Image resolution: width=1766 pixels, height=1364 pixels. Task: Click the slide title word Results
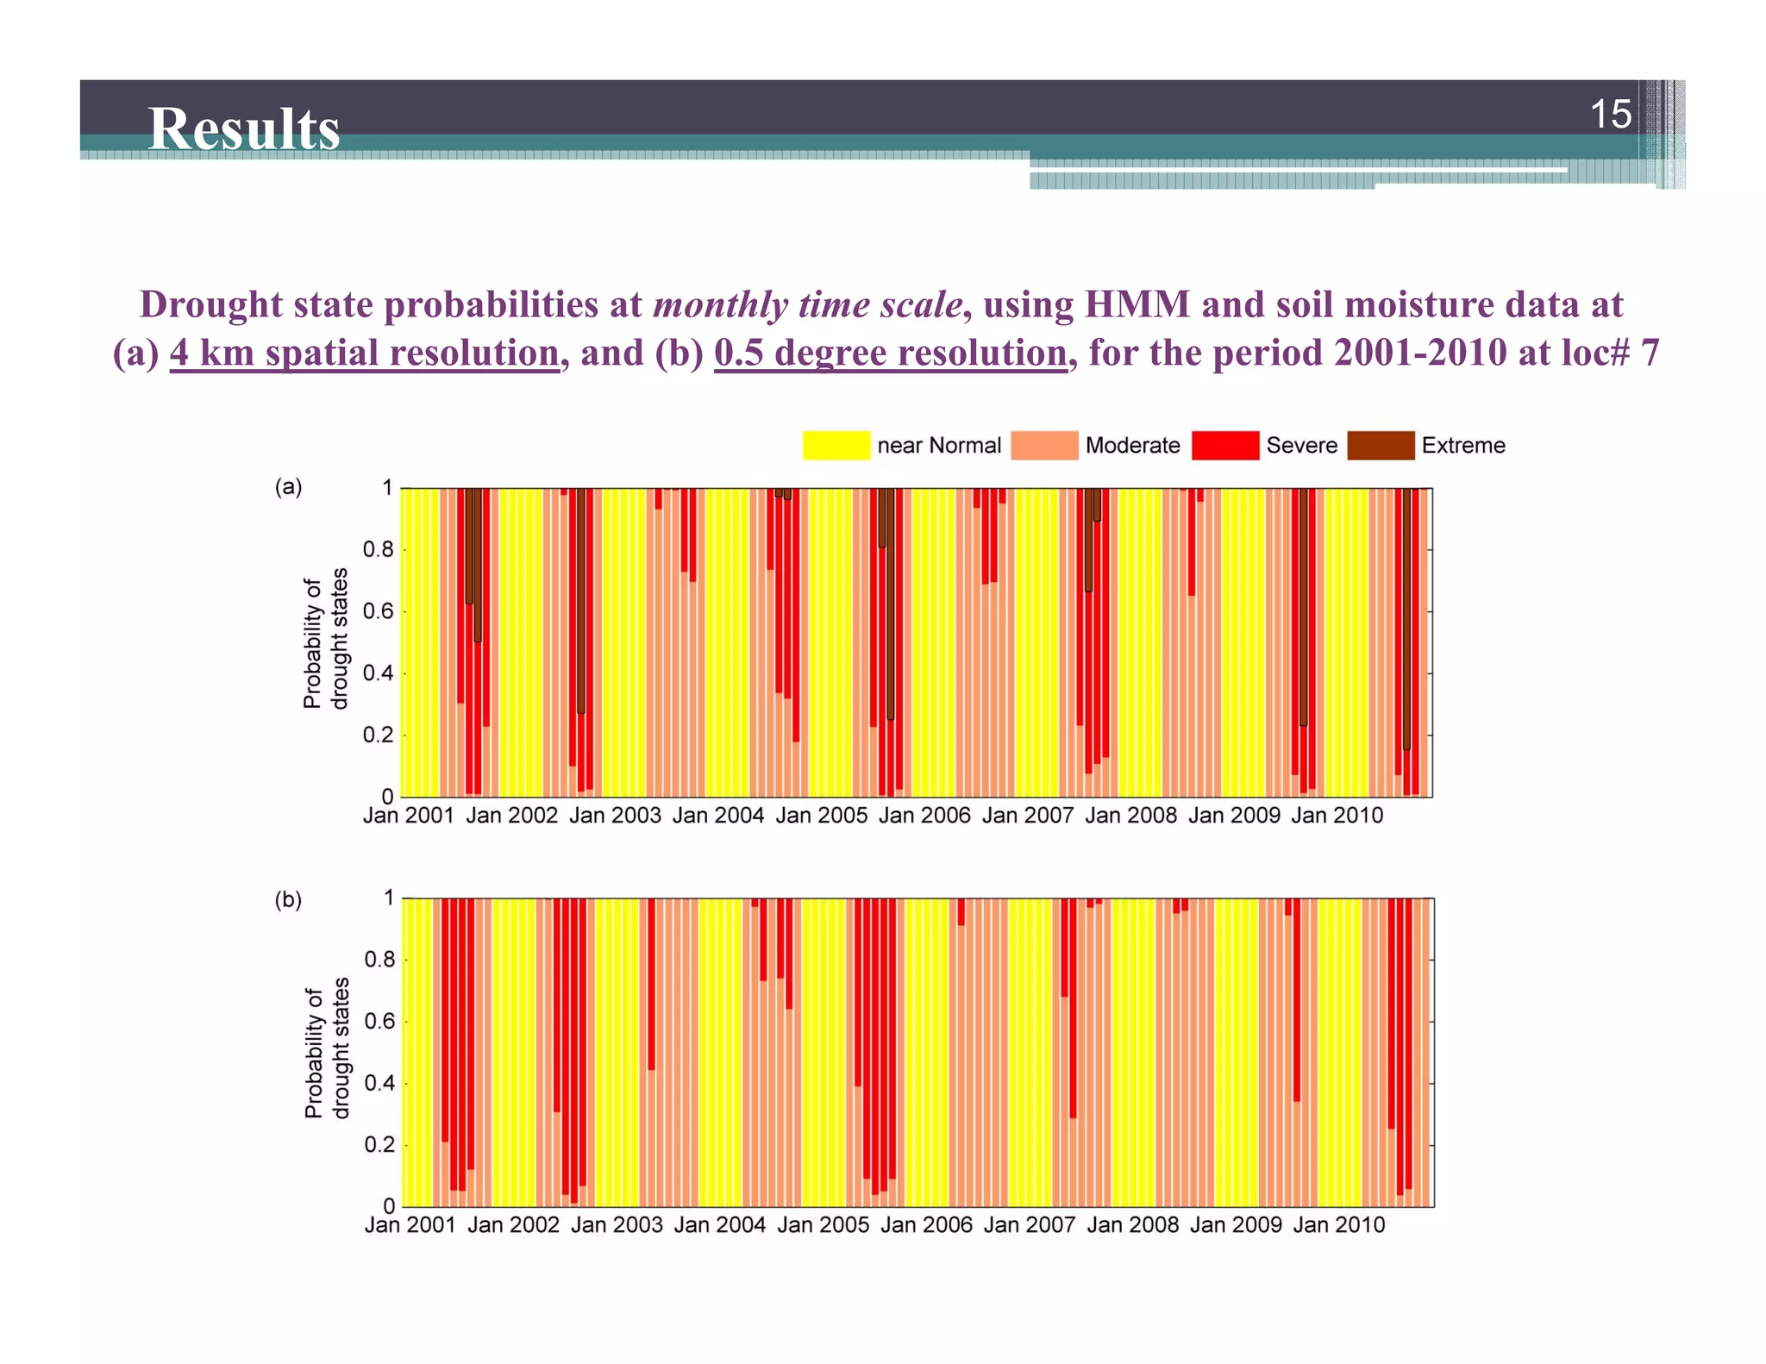pyautogui.click(x=243, y=128)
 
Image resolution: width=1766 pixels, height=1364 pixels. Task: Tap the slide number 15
pyautogui.click(x=1610, y=114)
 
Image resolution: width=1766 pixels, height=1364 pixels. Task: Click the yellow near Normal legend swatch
pyautogui.click(x=836, y=446)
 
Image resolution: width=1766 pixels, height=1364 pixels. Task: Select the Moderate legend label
pyautogui.click(x=1132, y=446)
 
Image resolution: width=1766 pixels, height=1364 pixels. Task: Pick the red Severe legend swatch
pyautogui.click(x=1224, y=446)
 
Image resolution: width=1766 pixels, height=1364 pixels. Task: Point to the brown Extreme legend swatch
pyautogui.click(x=1380, y=446)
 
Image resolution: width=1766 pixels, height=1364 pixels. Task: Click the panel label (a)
pyautogui.click(x=288, y=487)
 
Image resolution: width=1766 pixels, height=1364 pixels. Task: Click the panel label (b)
pyautogui.click(x=288, y=900)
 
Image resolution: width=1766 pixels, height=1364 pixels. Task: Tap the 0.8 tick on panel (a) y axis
pyautogui.click(x=378, y=549)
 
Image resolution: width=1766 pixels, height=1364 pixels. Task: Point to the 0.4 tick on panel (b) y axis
pyautogui.click(x=379, y=1083)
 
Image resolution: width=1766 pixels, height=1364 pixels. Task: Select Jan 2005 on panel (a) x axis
pyautogui.click(x=821, y=816)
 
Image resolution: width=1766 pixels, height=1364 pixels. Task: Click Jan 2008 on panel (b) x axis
pyautogui.click(x=1132, y=1225)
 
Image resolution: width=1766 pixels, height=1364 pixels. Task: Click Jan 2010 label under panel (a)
pyautogui.click(x=1337, y=816)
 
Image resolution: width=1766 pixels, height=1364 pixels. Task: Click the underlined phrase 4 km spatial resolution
pyautogui.click(x=364, y=353)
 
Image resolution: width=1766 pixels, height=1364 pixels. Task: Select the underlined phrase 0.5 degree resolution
pyautogui.click(x=890, y=353)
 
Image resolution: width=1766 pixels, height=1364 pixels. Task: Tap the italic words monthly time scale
pyautogui.click(x=807, y=304)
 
